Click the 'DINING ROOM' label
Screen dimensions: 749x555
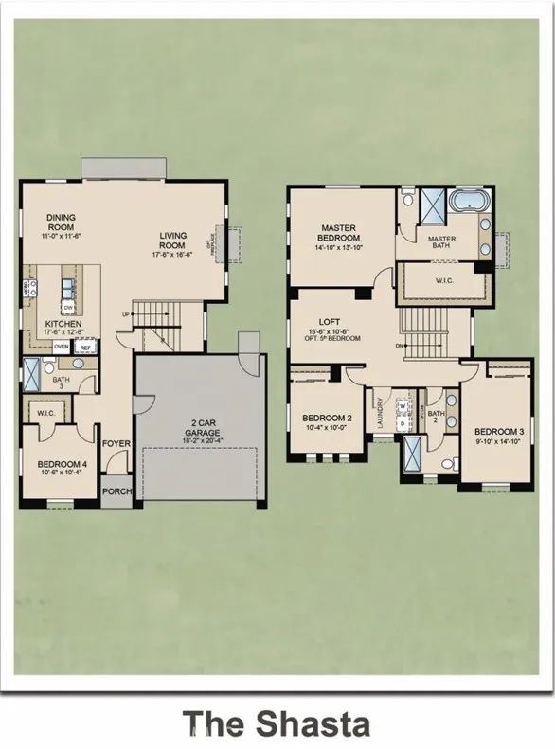[62, 223]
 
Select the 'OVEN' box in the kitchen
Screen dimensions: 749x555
[62, 348]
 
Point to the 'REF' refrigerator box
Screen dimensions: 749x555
[85, 348]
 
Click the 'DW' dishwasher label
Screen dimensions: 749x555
[68, 308]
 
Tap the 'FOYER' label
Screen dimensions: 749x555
[116, 441]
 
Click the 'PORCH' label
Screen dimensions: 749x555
[116, 490]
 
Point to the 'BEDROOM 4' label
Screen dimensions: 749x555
[62, 464]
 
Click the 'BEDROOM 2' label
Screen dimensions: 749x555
[327, 418]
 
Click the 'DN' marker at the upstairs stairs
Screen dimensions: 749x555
[401, 346]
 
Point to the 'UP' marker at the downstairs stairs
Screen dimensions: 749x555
[124, 314]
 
